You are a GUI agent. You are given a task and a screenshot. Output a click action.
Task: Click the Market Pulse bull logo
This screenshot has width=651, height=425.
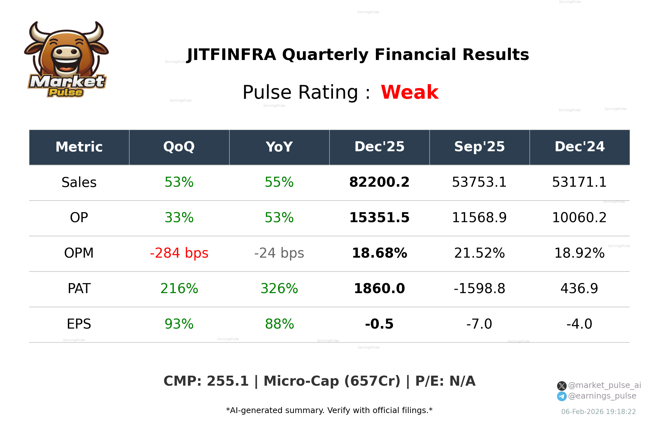click(67, 60)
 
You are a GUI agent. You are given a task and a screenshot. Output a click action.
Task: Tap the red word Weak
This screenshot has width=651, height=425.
click(409, 93)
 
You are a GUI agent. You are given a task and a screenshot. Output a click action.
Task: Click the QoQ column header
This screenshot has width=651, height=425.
click(179, 147)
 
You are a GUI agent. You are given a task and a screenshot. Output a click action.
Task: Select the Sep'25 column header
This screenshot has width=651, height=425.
click(479, 147)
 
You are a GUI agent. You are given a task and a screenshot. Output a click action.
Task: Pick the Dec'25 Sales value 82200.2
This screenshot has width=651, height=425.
click(379, 182)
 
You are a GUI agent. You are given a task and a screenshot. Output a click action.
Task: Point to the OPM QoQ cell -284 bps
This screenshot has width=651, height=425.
click(179, 253)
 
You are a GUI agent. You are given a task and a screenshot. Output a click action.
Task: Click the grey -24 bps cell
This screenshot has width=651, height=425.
click(279, 253)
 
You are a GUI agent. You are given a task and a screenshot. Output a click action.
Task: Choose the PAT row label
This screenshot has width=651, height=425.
click(79, 289)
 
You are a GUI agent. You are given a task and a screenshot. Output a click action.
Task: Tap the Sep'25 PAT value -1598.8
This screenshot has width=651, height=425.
click(479, 289)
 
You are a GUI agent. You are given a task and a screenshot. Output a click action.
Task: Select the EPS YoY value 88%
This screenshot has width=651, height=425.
click(279, 324)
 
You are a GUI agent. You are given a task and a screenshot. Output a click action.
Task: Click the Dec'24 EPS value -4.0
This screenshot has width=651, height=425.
click(579, 324)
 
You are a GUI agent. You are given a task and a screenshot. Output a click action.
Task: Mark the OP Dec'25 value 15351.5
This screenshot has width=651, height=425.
click(379, 218)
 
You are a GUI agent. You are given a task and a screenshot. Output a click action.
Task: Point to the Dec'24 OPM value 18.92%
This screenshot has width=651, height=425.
click(579, 253)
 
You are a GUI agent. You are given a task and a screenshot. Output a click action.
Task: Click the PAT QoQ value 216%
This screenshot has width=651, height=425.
click(179, 289)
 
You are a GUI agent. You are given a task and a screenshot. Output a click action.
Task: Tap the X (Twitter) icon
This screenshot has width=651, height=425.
click(562, 386)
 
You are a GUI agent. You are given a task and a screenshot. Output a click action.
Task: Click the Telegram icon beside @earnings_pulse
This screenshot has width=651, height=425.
click(562, 396)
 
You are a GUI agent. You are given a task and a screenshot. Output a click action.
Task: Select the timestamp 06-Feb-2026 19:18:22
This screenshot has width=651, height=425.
click(598, 412)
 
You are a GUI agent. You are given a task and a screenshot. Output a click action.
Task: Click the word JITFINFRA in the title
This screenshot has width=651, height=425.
click(232, 55)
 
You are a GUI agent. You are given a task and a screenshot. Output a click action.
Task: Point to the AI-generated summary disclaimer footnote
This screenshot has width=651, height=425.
click(329, 410)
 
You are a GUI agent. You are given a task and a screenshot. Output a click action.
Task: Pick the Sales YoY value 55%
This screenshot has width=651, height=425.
click(279, 182)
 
